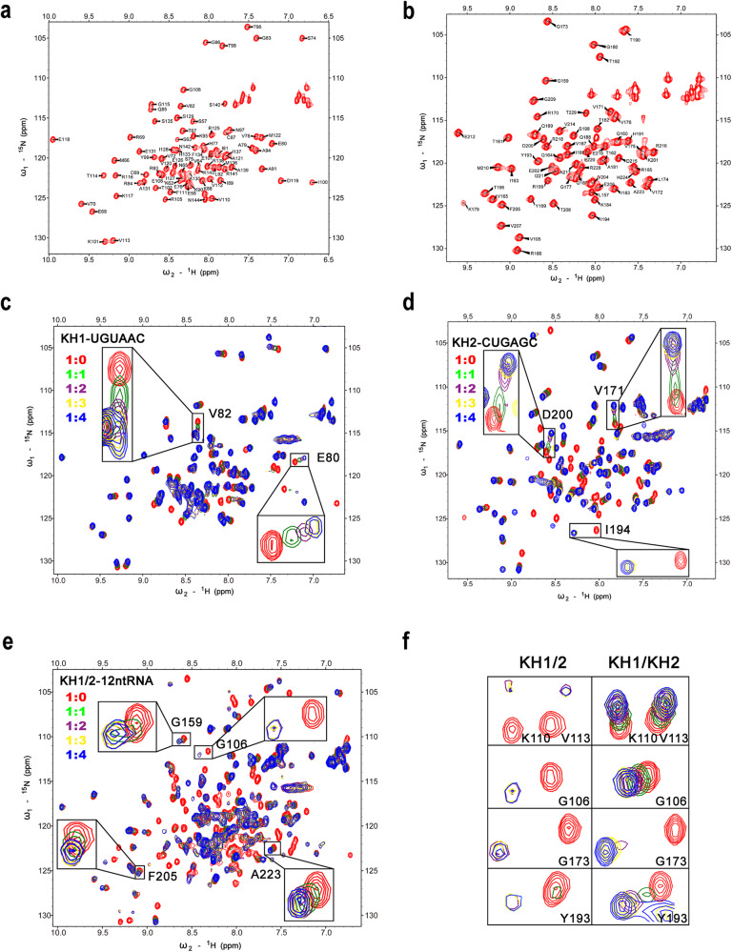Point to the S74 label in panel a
click(312, 38)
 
